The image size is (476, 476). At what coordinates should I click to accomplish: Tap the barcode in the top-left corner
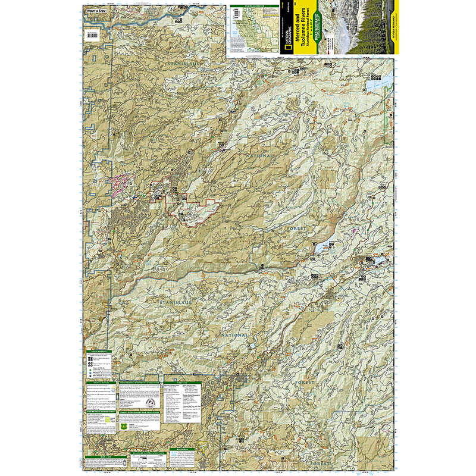[x=94, y=35]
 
